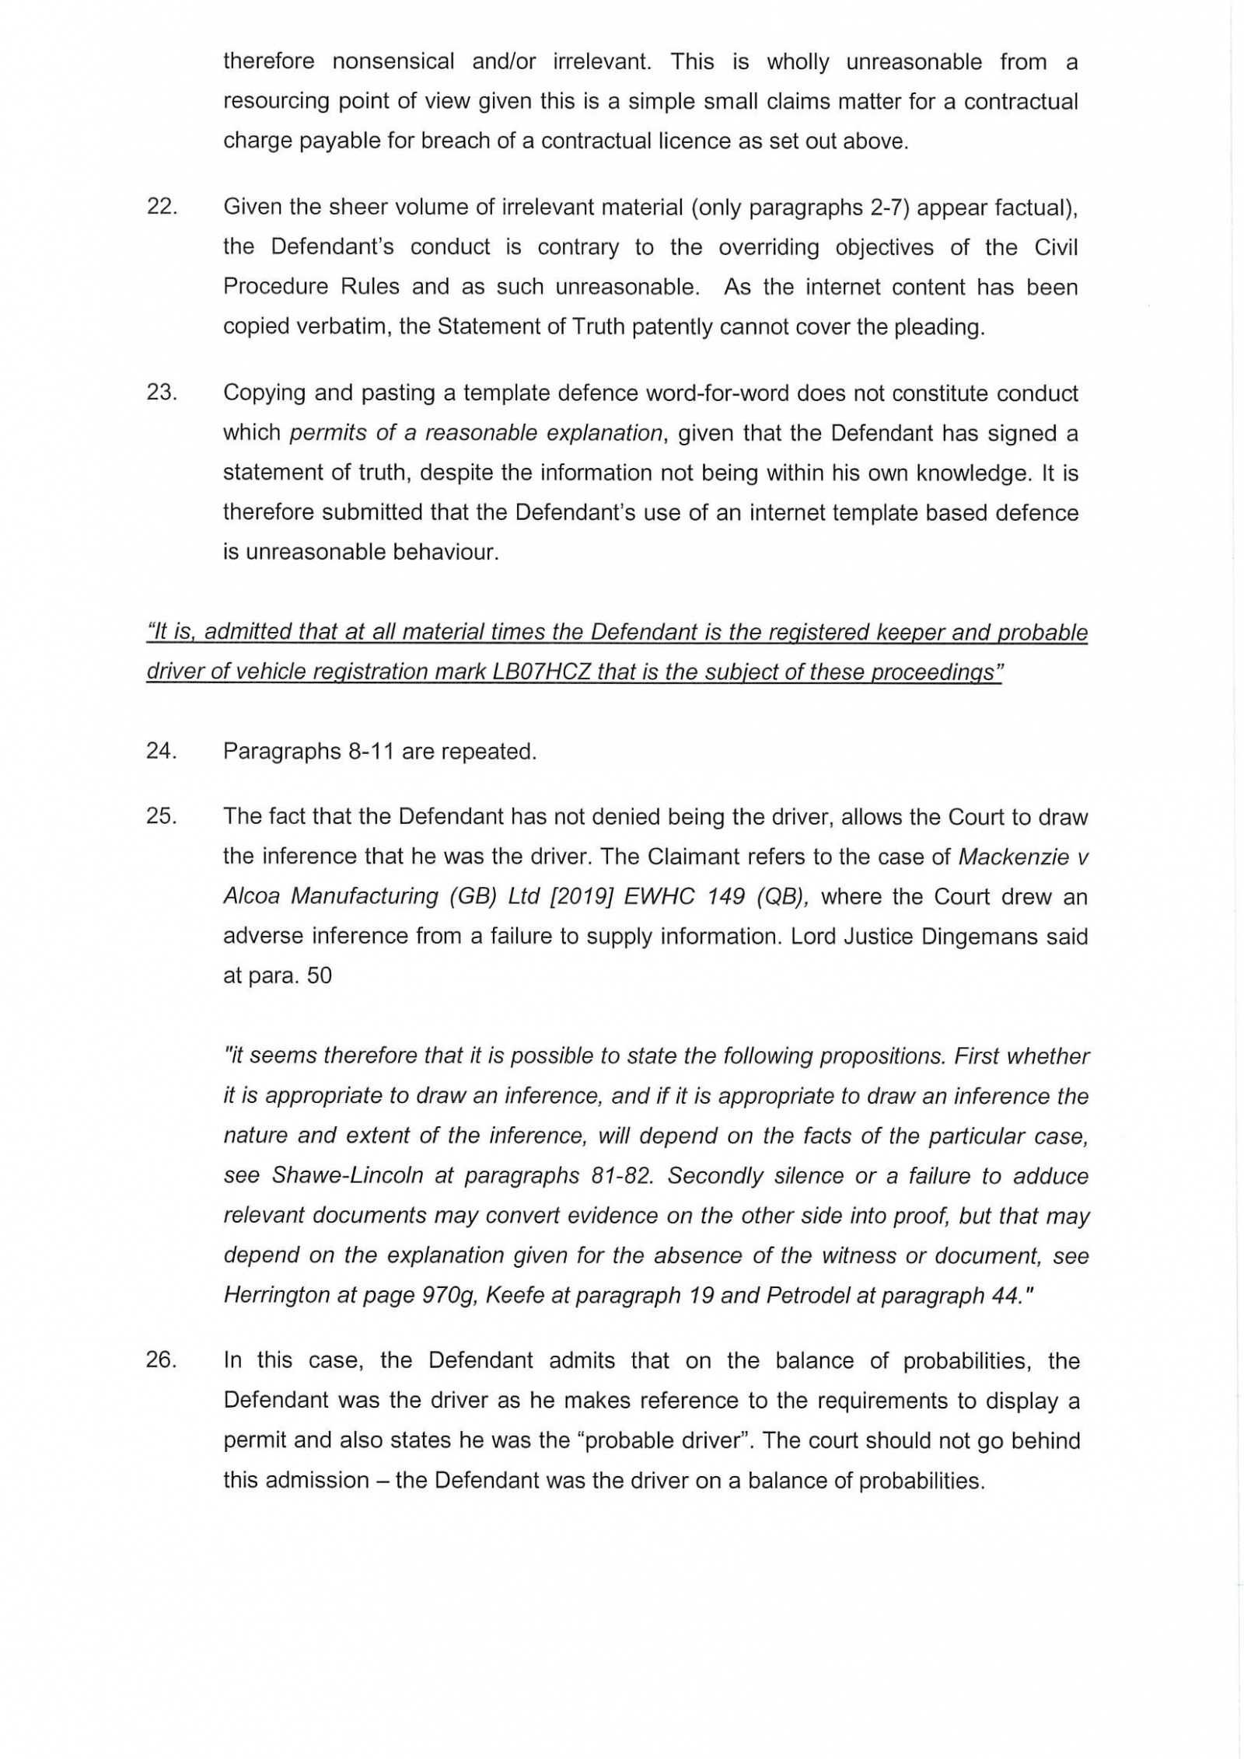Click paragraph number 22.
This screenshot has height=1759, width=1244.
162,208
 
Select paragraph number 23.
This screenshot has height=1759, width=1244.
162,393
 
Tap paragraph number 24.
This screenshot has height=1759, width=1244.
162,752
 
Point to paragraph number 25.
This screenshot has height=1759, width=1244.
162,817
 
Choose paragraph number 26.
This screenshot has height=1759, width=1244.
162,1361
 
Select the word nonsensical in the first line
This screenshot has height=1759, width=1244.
393,62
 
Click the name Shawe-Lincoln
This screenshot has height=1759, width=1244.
348,1176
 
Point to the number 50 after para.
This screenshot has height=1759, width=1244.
320,975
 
